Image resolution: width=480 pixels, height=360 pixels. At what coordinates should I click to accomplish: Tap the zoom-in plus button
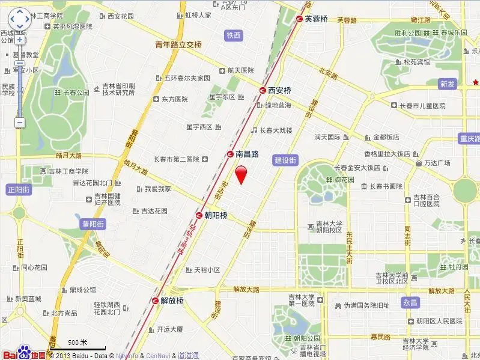(20, 40)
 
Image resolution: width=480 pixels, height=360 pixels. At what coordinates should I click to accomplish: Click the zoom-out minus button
(20, 123)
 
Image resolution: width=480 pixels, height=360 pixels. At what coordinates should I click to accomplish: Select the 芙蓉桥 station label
(316, 19)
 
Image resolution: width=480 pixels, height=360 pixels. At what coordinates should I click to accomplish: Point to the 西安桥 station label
(279, 90)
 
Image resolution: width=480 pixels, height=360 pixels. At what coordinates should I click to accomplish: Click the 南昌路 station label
(246, 154)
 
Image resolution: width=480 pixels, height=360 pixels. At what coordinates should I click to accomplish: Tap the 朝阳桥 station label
(216, 215)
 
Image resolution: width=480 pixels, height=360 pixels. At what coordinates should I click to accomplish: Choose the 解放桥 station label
(171, 301)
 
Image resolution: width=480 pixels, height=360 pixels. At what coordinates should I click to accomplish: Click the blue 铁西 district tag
(234, 35)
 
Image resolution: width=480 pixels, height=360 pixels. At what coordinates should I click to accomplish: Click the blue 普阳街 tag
(93, 224)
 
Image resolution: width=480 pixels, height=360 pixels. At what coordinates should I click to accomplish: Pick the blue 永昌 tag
(410, 303)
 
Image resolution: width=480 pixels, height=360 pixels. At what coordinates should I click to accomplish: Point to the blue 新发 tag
(447, 84)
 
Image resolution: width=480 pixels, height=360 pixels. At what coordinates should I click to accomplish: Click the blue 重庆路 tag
(467, 139)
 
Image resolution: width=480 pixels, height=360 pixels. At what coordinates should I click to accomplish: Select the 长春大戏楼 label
(276, 130)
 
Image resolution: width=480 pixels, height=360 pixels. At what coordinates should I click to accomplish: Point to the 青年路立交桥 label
(178, 44)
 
